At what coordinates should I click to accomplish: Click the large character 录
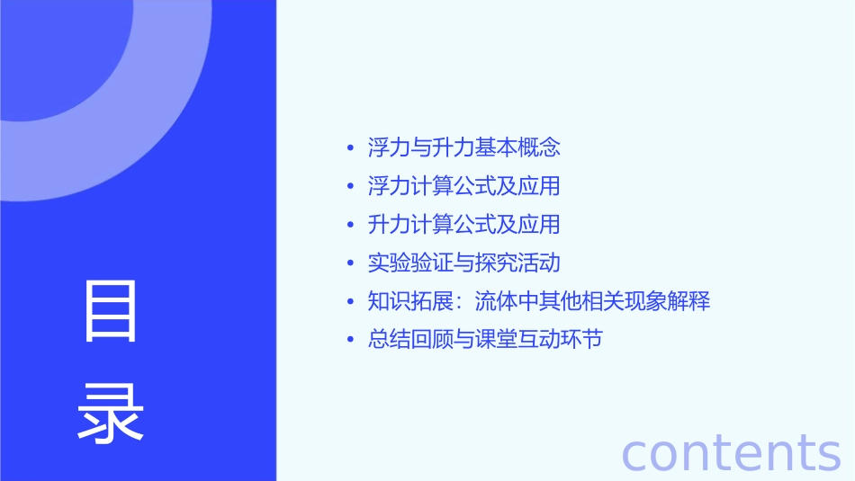pos(111,413)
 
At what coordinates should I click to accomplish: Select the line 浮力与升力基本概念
pos(463,147)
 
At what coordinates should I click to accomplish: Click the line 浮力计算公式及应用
pos(463,186)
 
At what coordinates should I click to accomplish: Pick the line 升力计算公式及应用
pos(463,224)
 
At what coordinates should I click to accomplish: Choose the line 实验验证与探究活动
pos(463,263)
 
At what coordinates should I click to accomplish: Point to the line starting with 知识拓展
pos(539,301)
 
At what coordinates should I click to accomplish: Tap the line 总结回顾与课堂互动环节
pos(485,340)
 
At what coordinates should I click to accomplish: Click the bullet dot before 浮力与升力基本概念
pos(351,148)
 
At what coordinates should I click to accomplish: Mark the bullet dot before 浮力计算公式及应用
pos(351,187)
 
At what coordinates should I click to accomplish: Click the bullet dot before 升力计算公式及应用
pos(351,225)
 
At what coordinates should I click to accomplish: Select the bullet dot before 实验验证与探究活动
pos(351,263)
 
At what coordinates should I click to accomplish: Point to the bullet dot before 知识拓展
pos(351,302)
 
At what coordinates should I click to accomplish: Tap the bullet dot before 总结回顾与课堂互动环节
pos(351,341)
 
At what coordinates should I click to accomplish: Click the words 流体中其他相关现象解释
pos(592,301)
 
